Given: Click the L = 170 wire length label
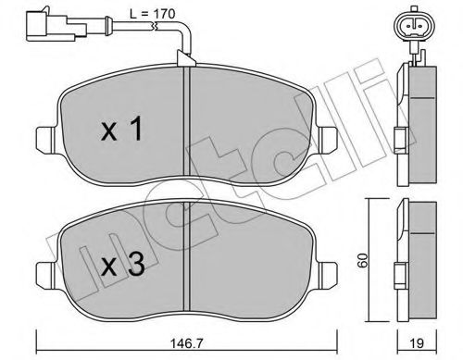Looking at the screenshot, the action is (152, 14).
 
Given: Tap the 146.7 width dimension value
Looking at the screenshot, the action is (186, 343).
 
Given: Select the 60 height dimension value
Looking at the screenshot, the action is (363, 260).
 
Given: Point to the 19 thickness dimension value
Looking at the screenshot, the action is (418, 343).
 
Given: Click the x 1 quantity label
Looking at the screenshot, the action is (122, 129).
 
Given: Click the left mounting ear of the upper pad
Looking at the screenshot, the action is (47, 140).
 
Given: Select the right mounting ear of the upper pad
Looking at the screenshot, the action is (328, 140).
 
